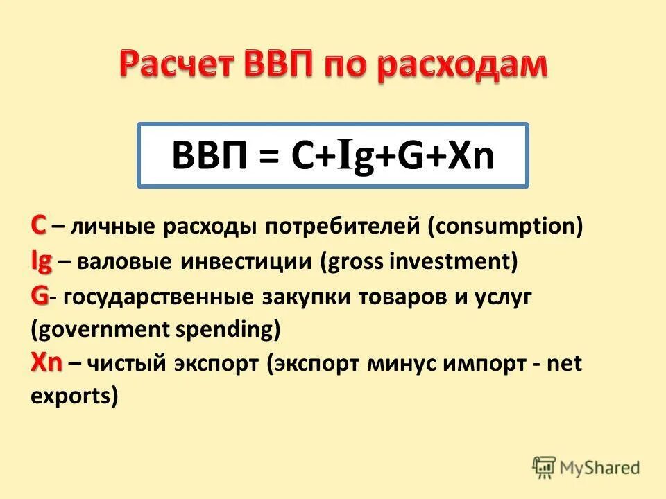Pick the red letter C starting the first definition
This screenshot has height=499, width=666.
pos(38,225)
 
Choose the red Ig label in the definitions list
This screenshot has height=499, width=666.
pos(42,261)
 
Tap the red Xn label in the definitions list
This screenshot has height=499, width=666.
pos(46,363)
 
